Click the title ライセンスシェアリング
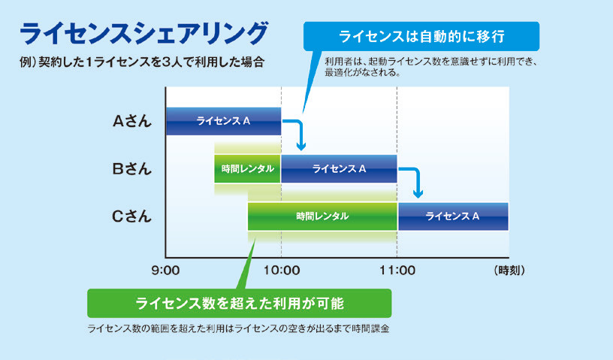(x=143, y=34)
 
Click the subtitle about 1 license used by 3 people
(x=142, y=62)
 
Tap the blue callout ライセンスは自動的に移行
(x=421, y=36)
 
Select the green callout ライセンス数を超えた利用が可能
(x=239, y=304)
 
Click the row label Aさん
(x=131, y=121)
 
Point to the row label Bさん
(x=131, y=168)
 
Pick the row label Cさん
(x=131, y=216)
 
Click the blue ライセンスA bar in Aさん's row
(x=224, y=121)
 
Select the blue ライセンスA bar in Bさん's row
(x=339, y=168)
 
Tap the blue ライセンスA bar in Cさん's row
(x=453, y=216)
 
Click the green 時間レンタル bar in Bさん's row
(x=247, y=168)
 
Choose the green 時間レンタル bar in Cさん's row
(x=322, y=216)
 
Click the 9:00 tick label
(x=165, y=271)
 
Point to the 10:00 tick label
(x=282, y=271)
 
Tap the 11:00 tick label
(x=397, y=271)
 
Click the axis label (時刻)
(x=509, y=271)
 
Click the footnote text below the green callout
(x=238, y=328)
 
